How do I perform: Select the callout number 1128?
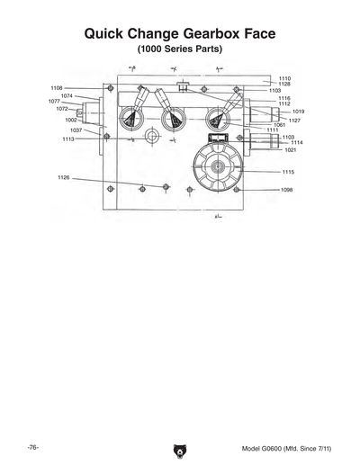click(284, 85)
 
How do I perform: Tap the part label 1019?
click(298, 112)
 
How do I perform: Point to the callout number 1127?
click(294, 121)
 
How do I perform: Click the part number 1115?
click(288, 171)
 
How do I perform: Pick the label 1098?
click(286, 190)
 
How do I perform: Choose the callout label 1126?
click(64, 178)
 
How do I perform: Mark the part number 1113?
click(68, 139)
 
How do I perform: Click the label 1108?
click(56, 88)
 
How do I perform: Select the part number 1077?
click(55, 102)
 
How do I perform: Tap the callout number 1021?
click(290, 150)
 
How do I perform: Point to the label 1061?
click(279, 125)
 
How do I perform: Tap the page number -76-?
click(32, 447)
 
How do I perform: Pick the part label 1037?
click(76, 130)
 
